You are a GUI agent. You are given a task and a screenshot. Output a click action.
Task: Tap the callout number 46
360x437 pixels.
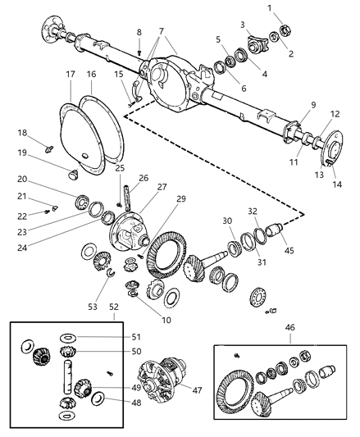coord(288,327)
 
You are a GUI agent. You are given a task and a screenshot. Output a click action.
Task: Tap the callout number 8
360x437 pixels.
coord(139,32)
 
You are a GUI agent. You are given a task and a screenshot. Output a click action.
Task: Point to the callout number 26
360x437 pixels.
coord(144,178)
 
